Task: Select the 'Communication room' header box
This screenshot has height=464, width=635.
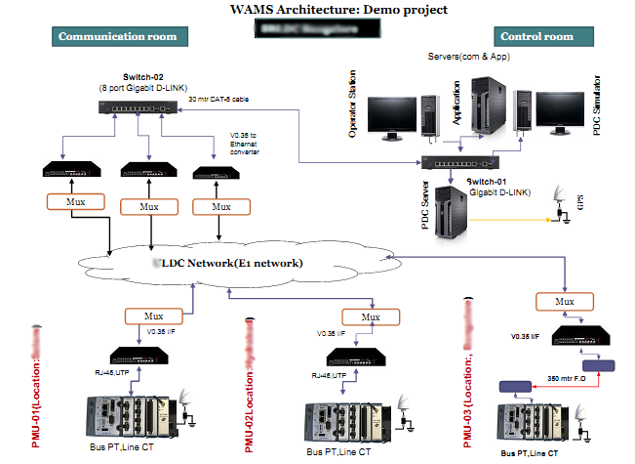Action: (118, 37)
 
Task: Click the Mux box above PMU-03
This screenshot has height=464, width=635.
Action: (564, 302)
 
